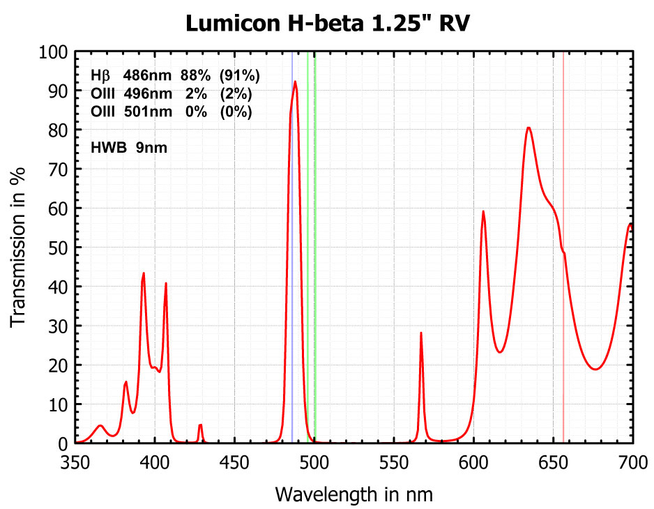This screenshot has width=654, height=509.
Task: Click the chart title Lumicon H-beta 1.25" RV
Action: coord(327,23)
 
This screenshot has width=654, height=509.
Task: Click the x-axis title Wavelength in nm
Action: coord(353,494)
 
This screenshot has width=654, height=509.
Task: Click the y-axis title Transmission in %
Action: coord(19,248)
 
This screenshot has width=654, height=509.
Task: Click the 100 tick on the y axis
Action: coord(54,52)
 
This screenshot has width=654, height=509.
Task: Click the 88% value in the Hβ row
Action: coord(195,75)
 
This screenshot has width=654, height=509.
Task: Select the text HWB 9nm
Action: coord(128,148)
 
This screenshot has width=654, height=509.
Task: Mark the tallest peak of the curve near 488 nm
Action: coord(295,82)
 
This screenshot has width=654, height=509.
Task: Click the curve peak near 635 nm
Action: coord(528,128)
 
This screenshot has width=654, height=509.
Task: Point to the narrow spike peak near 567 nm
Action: coord(421,333)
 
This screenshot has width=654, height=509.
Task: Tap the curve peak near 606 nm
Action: coord(482,211)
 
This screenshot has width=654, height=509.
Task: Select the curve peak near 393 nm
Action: coord(144,273)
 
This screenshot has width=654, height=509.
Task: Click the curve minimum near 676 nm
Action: coord(595,369)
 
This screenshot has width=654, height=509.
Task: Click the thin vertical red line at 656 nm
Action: coord(563,174)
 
